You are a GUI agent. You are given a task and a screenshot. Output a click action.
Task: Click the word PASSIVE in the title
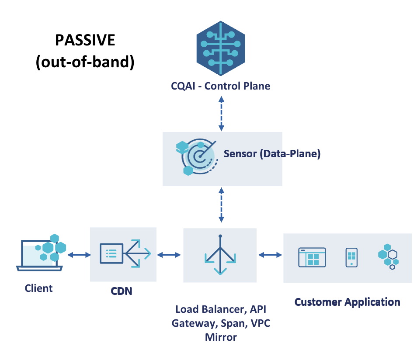[85, 40]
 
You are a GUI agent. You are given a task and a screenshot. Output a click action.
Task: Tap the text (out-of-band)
[85, 62]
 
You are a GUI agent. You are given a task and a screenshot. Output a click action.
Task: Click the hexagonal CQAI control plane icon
[221, 48]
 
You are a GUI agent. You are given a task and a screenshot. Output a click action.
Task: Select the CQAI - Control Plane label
[220, 86]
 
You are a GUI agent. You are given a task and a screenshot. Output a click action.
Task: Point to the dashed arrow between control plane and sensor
[221, 114]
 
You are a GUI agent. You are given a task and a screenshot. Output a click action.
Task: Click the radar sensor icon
[197, 157]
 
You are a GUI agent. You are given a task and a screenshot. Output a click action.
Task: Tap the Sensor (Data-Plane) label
[272, 154]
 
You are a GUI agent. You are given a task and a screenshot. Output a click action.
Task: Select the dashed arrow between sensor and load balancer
[221, 205]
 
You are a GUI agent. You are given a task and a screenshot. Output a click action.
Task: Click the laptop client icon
[41, 253]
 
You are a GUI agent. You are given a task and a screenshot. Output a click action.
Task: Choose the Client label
[38, 288]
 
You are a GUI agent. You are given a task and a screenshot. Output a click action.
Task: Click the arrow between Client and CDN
[79, 255]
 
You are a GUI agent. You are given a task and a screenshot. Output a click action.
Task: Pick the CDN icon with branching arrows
[125, 253]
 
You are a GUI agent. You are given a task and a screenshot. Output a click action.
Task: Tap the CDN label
[122, 291]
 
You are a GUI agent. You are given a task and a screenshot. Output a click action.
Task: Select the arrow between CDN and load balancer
[169, 255]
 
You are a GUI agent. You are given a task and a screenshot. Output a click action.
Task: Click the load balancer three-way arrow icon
[220, 255]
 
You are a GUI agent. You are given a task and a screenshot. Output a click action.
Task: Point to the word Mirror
[221, 337]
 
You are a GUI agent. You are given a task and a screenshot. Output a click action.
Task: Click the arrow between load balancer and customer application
[270, 255]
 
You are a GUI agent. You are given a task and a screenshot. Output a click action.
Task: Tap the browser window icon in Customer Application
[312, 257]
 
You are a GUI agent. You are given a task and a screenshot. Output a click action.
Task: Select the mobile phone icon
[351, 257]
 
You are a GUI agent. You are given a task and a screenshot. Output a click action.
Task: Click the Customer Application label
[347, 302]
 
